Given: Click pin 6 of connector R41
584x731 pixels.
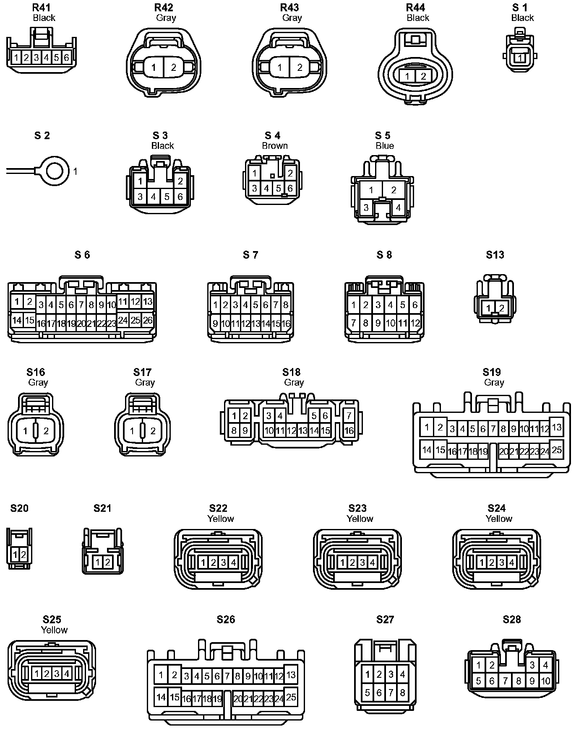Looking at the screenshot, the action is tap(66, 57).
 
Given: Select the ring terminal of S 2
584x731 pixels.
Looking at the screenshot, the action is tap(57, 171).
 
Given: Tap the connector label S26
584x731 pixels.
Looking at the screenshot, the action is tap(226, 619).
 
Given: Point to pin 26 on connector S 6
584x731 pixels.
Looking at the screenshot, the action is tap(148, 320).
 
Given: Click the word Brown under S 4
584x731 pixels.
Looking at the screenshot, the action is tap(275, 145).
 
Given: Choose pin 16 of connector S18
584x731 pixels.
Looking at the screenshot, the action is tap(349, 430).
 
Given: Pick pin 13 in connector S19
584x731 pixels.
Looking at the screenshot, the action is tap(556, 428).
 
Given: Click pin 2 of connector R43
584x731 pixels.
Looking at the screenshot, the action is tap(300, 67).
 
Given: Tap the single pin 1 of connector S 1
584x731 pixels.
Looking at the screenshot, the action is tap(520, 58).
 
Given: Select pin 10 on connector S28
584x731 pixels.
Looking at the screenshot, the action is tap(545, 681).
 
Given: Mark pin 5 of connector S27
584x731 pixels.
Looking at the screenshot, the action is tap(368, 692).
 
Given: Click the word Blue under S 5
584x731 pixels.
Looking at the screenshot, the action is tap(385, 145).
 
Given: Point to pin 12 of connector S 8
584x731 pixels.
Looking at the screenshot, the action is tap(415, 323).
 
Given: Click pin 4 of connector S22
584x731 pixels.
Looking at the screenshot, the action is tap(234, 563).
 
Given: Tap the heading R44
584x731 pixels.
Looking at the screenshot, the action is tap(415, 8).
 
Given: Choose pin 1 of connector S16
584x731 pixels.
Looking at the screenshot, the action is tap(26, 430).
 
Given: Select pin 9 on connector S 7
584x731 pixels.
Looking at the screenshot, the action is tap(215, 324).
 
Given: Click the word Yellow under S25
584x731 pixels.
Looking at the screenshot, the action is tap(54, 630).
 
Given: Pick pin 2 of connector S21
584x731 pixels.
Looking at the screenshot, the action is tap(107, 562).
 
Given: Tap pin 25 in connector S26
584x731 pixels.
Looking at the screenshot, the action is tap(291, 697).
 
